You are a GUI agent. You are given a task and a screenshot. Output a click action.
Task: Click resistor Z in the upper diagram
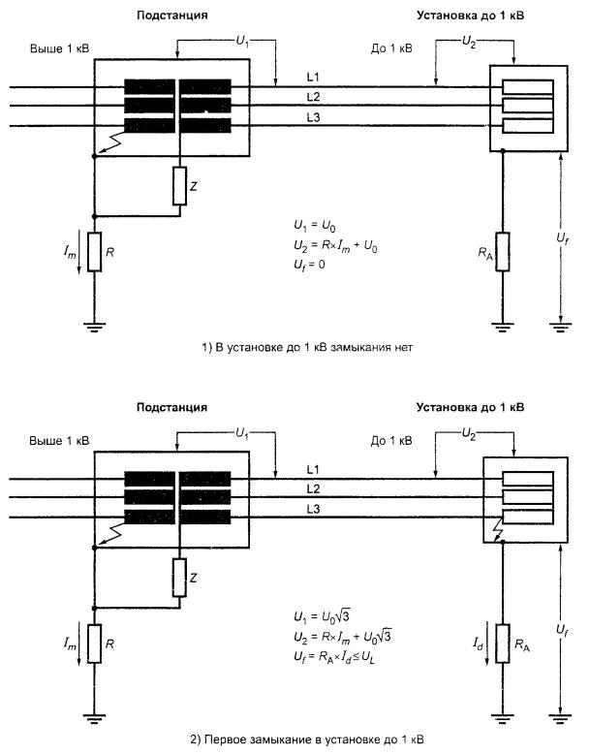point(179,185)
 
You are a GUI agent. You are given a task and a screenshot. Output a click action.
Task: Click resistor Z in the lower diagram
point(179,579)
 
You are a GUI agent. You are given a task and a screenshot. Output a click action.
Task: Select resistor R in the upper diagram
point(95,251)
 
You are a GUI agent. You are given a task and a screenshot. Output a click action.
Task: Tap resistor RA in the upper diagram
point(502,251)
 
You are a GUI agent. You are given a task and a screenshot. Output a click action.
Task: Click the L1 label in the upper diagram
point(312,78)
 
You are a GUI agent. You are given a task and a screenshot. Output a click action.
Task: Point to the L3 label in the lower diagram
point(312,510)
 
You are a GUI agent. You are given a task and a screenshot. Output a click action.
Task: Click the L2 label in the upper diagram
point(312,96)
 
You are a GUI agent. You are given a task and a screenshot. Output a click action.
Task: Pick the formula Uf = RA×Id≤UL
point(340,656)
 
